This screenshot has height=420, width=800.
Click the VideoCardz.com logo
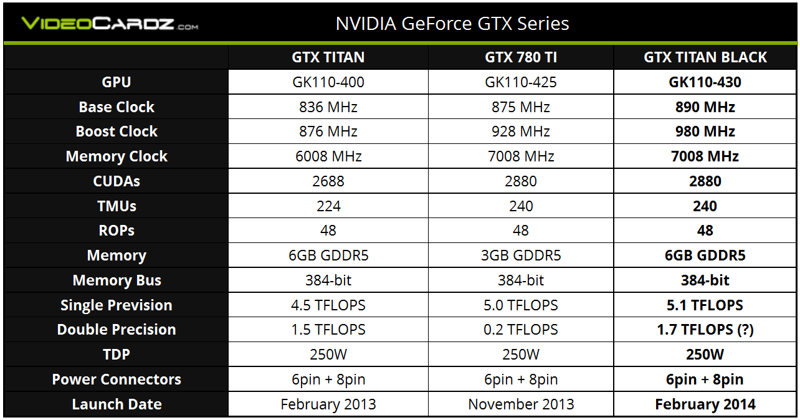click(110, 24)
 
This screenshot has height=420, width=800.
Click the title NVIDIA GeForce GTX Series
click(452, 24)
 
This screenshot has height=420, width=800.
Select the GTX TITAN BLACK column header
click(705, 57)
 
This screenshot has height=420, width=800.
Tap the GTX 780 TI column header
click(521, 57)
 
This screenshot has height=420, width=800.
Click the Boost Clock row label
click(117, 131)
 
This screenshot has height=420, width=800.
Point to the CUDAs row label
click(117, 181)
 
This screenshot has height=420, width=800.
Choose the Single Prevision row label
click(117, 305)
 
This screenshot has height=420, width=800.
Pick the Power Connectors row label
click(117, 379)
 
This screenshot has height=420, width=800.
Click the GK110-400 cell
click(328, 82)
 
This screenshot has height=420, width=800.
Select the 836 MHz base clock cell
click(328, 107)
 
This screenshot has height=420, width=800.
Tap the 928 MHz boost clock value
click(521, 131)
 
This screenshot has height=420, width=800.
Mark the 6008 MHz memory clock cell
click(328, 156)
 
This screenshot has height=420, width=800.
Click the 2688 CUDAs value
click(328, 181)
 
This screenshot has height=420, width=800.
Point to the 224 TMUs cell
click(328, 206)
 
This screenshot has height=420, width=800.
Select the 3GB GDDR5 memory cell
click(521, 255)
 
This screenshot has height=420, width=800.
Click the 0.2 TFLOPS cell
click(521, 330)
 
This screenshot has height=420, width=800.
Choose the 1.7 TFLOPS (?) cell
click(705, 330)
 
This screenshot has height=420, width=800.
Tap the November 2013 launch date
click(521, 404)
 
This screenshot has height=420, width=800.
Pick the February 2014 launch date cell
click(705, 404)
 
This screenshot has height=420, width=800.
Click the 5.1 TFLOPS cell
click(705, 305)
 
